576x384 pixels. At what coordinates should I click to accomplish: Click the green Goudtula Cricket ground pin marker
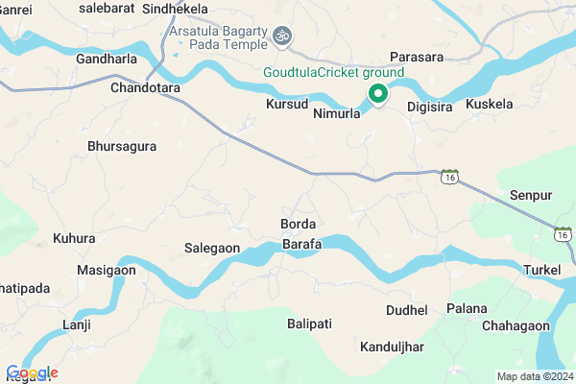[377, 94]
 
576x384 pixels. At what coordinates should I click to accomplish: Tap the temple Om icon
[281, 36]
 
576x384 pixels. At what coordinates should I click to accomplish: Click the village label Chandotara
[146, 87]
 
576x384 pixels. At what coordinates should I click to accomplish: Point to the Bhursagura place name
[122, 147]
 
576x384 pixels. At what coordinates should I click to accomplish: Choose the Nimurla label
[336, 112]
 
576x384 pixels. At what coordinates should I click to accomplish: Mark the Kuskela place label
[490, 103]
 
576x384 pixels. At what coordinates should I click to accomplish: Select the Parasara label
[416, 57]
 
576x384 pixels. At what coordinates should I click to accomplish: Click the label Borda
[298, 225]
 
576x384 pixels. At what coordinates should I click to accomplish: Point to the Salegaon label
[211, 248]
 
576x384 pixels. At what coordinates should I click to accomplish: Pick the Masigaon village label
[107, 271]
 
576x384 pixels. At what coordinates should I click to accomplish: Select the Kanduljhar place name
[393, 346]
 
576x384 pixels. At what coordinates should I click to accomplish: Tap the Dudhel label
[406, 310]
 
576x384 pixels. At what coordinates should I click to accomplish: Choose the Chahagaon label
[516, 326]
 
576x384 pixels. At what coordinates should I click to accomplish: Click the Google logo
[32, 372]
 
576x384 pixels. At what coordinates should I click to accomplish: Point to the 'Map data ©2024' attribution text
[534, 375]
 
